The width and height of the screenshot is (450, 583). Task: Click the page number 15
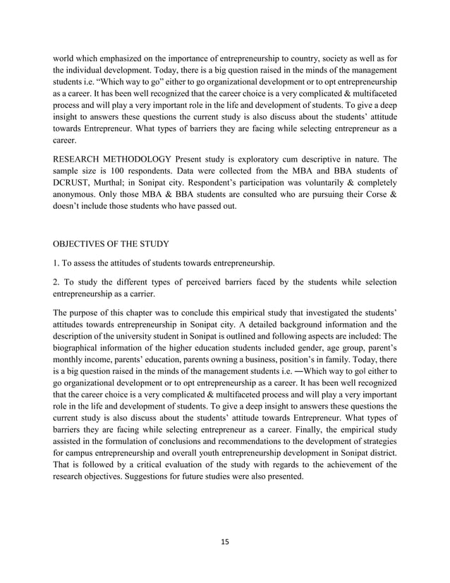pos(225,542)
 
